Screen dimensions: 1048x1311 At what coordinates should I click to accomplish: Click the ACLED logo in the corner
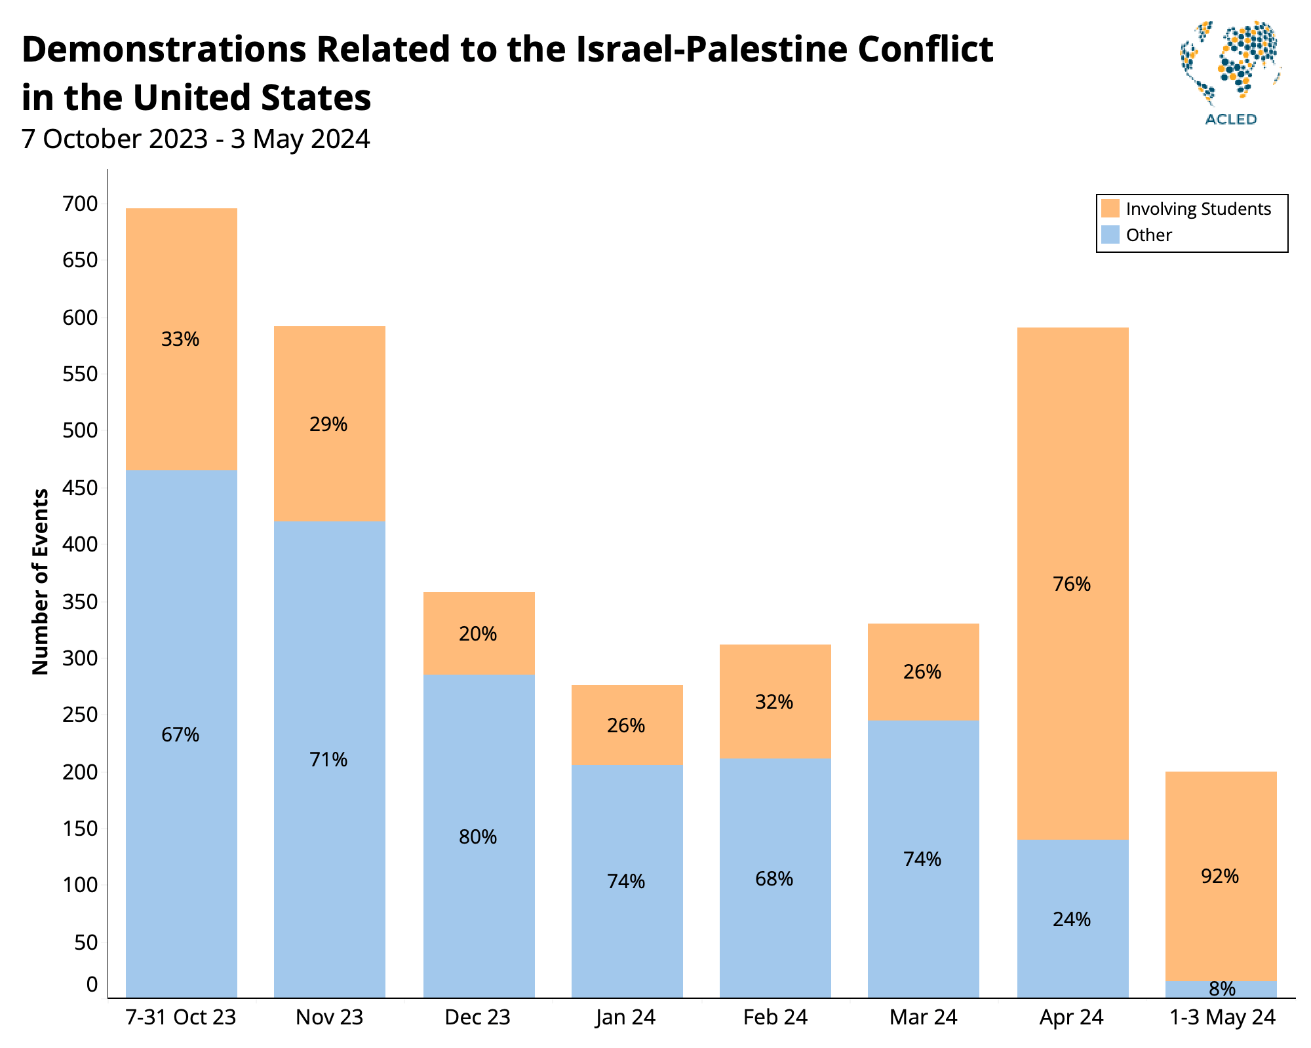[x=1230, y=72]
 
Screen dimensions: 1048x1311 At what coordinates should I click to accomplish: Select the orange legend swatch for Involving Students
[x=1110, y=208]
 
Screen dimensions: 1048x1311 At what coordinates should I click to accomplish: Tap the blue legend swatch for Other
[x=1110, y=234]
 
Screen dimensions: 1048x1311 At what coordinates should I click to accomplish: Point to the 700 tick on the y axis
[x=81, y=204]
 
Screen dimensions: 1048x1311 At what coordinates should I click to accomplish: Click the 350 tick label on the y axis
[x=81, y=602]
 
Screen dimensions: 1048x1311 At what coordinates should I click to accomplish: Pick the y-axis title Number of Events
[x=41, y=582]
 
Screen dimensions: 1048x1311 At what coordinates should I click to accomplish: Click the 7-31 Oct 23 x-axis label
[x=181, y=1017]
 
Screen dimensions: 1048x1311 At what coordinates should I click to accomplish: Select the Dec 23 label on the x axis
[x=477, y=1017]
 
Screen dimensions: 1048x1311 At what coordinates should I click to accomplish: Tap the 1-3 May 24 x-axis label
[x=1223, y=1017]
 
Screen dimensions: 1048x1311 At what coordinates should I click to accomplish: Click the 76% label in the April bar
[x=1072, y=584]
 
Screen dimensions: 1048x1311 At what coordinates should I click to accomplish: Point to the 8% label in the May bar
[x=1222, y=989]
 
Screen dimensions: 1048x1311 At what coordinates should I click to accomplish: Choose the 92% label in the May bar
[x=1220, y=876]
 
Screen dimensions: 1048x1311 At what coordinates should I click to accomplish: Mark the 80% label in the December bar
[x=478, y=837]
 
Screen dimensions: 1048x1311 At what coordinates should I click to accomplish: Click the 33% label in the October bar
[x=180, y=339]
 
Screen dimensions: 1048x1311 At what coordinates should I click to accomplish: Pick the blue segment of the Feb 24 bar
[x=775, y=930]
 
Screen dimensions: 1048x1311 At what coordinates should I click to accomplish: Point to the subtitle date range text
[x=195, y=140]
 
